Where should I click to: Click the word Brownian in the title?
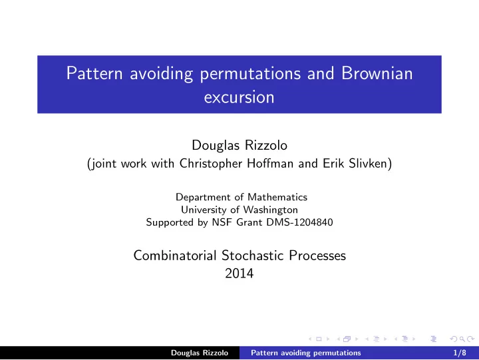[377, 73]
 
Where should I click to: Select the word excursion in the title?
[239, 98]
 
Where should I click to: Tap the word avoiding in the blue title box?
[161, 75]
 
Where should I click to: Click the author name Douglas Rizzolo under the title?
[239, 145]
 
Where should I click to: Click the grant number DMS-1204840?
[299, 222]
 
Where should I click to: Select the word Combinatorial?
[175, 256]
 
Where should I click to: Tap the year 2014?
[239, 273]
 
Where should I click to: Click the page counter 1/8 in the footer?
[460, 353]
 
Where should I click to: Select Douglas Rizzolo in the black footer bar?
[200, 353]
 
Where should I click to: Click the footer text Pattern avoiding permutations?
[306, 353]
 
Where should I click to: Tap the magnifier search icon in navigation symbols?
[462, 339]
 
